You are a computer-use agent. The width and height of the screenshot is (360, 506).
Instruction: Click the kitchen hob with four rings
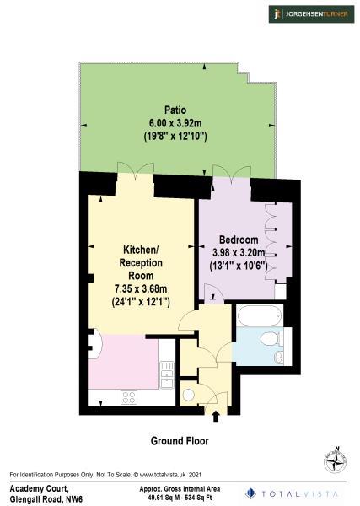[130, 396]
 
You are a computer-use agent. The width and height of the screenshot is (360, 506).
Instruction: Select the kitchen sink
[167, 369]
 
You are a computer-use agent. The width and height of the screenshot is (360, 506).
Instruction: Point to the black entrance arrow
[216, 415]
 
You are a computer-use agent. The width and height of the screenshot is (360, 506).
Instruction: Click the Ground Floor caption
[180, 441]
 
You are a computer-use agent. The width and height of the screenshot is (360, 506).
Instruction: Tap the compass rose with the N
[336, 461]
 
